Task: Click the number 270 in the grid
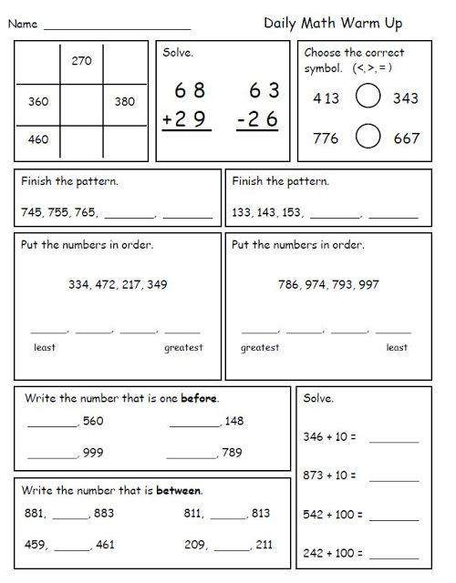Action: [83, 61]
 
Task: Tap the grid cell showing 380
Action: [125, 102]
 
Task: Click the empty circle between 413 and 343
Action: [368, 97]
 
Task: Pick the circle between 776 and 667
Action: [368, 138]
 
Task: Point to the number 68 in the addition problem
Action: [190, 90]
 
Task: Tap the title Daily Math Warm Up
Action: [333, 24]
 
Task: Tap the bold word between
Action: [179, 491]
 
